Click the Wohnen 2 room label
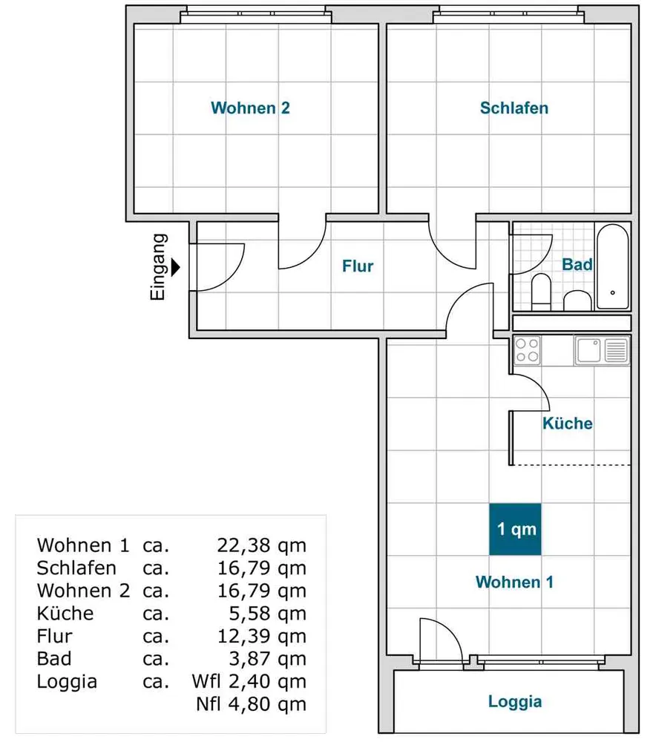(x=250, y=108)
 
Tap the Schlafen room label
(x=514, y=108)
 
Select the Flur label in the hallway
(x=358, y=266)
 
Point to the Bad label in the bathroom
(x=577, y=264)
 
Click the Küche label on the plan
(x=568, y=423)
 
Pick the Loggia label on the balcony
(x=515, y=702)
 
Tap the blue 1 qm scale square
(x=515, y=529)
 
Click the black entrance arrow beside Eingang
(x=176, y=267)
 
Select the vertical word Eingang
(x=158, y=267)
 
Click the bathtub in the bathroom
(x=612, y=267)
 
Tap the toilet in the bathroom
(x=541, y=292)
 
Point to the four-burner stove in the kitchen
(x=527, y=350)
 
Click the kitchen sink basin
(x=588, y=351)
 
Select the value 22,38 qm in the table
(x=262, y=545)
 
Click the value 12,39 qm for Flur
(x=262, y=636)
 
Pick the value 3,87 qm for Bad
(x=267, y=659)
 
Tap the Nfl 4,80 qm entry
(x=252, y=704)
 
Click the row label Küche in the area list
(x=65, y=614)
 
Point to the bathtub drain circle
(x=613, y=293)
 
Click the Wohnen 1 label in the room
(x=514, y=582)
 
